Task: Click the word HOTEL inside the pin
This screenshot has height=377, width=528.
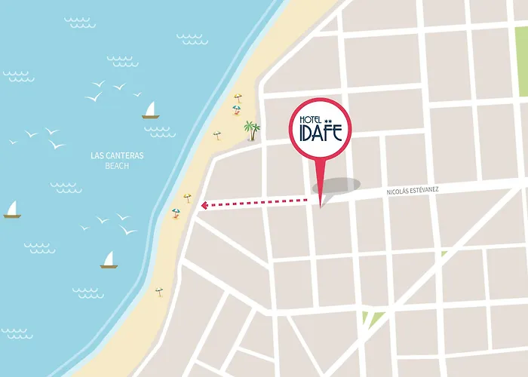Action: pyautogui.click(x=305, y=121)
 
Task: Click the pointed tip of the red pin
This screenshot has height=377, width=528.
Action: pyautogui.click(x=321, y=205)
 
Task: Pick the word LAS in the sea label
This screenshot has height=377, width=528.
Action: pyautogui.click(x=97, y=156)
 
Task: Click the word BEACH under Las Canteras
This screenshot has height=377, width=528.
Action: pyautogui.click(x=117, y=167)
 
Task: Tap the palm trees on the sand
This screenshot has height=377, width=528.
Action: pyautogui.click(x=250, y=130)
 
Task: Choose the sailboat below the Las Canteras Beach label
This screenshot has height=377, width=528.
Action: pyautogui.click(x=109, y=260)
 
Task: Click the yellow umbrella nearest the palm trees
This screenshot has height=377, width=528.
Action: pyautogui.click(x=239, y=98)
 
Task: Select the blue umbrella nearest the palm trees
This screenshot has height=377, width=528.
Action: pyautogui.click(x=236, y=109)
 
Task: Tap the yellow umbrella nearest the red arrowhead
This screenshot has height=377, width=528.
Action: pyautogui.click(x=188, y=198)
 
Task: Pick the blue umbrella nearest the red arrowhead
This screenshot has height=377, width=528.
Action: pyautogui.click(x=176, y=213)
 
